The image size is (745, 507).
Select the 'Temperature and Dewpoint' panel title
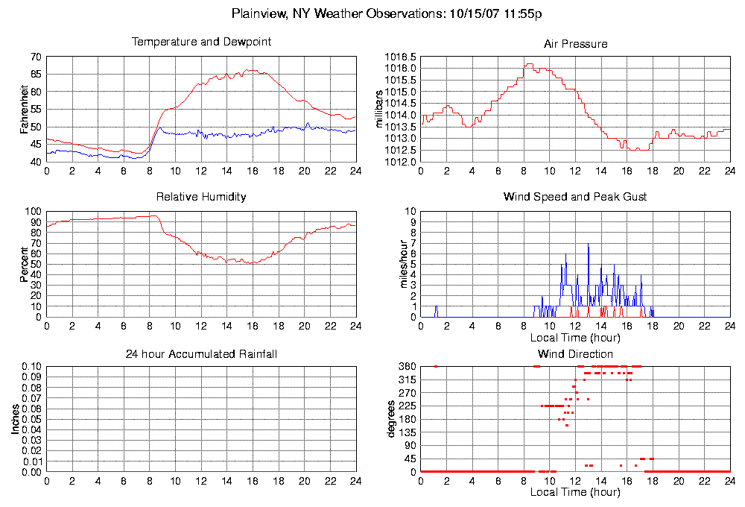point(201,42)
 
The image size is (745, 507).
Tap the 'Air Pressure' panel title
point(575,44)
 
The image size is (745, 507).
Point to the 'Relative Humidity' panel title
point(201,197)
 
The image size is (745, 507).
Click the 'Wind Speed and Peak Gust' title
point(575,197)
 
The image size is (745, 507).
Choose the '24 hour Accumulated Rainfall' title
point(201,353)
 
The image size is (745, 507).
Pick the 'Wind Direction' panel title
point(575,353)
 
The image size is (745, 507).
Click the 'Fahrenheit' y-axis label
point(24,109)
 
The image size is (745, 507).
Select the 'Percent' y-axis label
point(24,264)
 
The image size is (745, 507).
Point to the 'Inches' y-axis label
point(15,420)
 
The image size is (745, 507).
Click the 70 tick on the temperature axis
point(36,57)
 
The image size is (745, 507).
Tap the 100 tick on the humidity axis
point(34,211)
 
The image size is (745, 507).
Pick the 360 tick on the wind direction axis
point(407,367)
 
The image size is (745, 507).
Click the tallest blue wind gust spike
point(588,246)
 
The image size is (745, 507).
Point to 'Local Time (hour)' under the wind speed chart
point(575,337)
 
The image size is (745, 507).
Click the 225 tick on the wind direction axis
point(407,406)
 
